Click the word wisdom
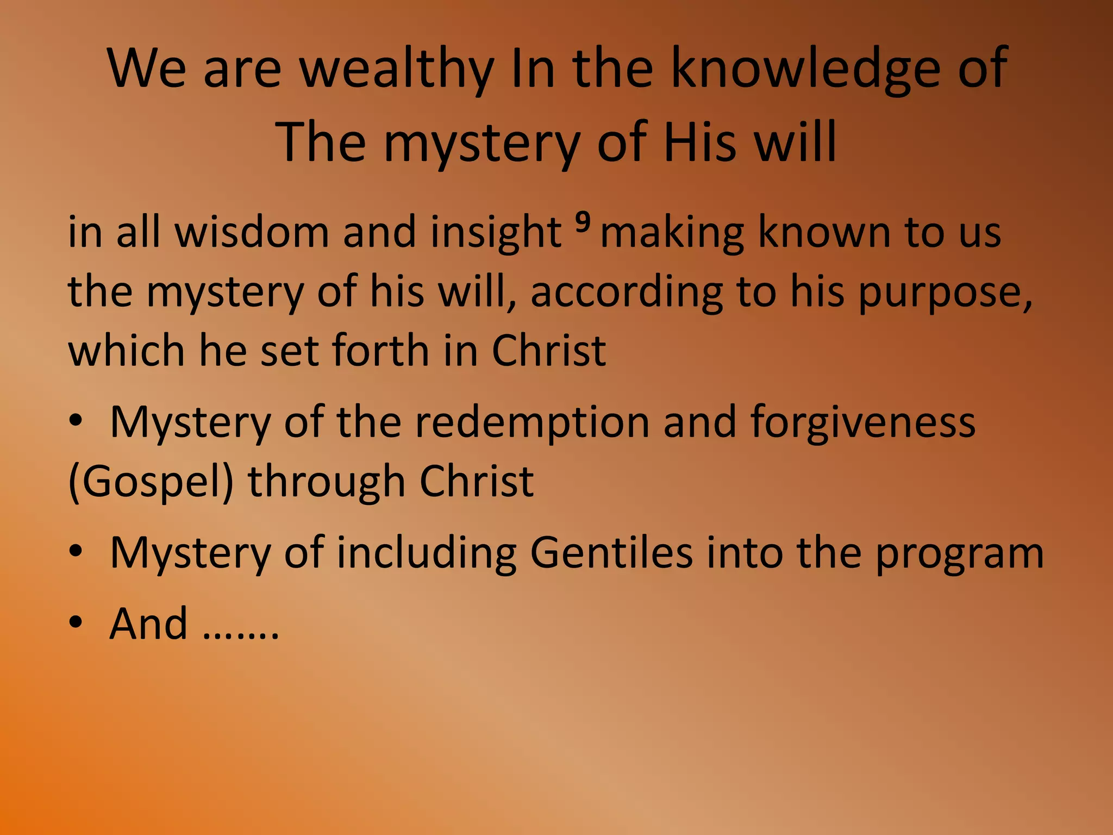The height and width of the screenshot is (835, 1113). tap(252, 233)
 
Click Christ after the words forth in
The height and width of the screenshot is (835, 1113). tap(549, 351)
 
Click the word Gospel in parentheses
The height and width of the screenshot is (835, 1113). tap(151, 483)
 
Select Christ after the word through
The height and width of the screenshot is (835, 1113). tap(477, 482)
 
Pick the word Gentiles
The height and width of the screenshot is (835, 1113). tap(611, 553)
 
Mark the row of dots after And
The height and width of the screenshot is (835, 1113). tap(240, 635)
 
